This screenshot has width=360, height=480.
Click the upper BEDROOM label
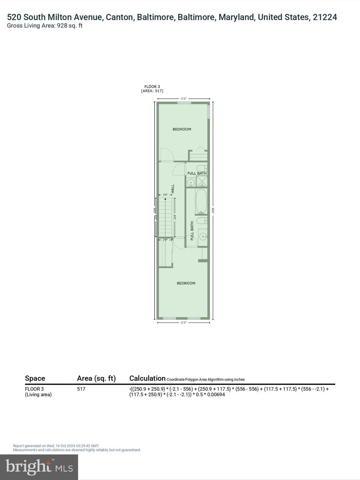(182, 129)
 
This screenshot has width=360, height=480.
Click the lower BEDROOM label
(186, 283)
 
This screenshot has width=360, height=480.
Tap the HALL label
(172, 188)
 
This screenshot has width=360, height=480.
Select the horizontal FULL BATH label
(197, 173)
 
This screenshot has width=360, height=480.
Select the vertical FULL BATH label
(192, 231)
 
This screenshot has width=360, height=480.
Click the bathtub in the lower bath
(201, 202)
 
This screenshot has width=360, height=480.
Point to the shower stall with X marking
(202, 181)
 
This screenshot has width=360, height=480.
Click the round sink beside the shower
(191, 182)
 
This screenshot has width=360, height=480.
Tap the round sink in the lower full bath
(203, 237)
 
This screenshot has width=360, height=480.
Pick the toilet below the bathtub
(202, 221)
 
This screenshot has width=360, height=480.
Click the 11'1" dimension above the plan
(184, 98)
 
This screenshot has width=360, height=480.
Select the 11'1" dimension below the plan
(184, 322)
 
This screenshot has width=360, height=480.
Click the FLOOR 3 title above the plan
(152, 87)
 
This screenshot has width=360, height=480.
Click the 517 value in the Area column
(81, 389)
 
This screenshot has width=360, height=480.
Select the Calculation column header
(147, 378)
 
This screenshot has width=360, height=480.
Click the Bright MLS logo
(39, 467)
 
